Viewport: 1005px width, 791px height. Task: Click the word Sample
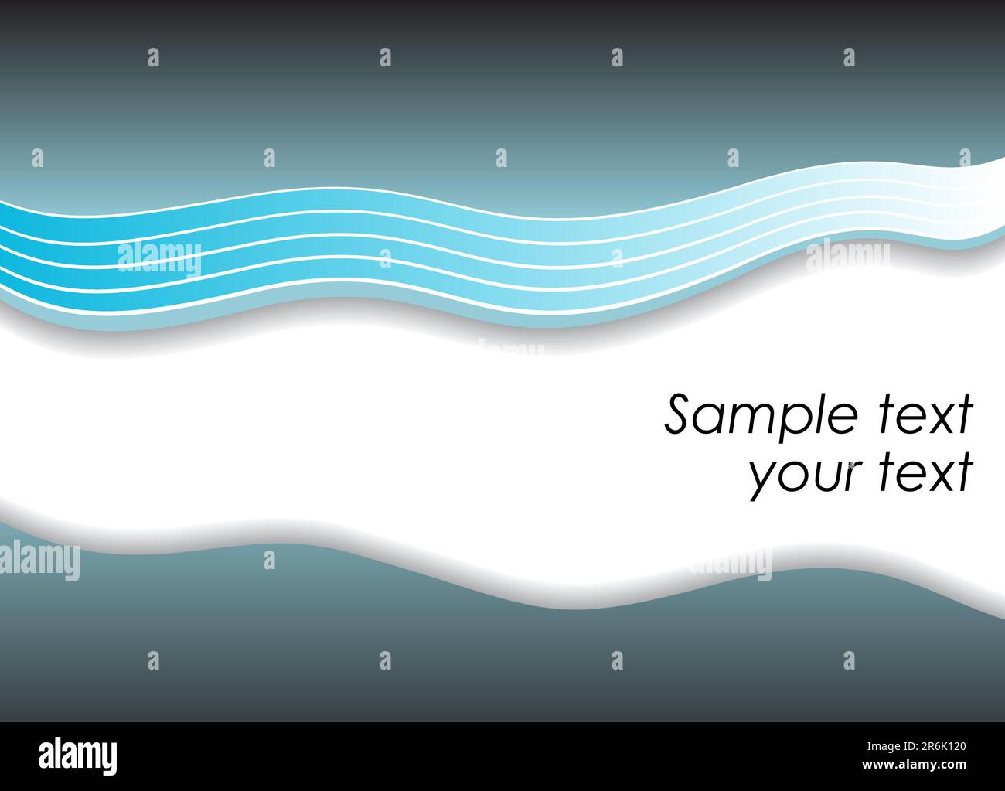coord(761,416)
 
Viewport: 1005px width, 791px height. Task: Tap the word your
coord(799,475)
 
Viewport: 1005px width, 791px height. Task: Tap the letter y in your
coord(761,479)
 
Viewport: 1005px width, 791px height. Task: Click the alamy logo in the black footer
coord(77,754)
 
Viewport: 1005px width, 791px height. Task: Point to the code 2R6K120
coord(932,747)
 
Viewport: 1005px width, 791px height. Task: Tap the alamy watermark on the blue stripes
coord(158,258)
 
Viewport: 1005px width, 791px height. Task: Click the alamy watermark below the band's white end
coord(847,257)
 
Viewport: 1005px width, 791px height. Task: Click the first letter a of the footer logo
coord(47,755)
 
